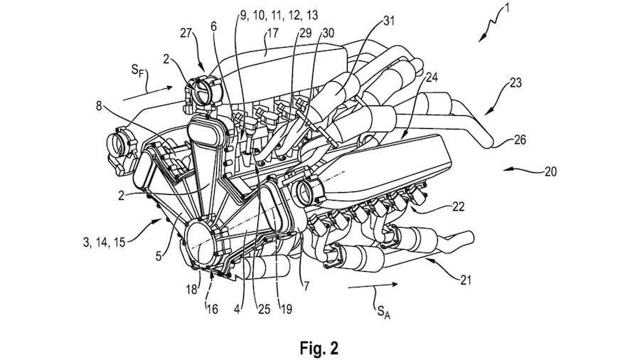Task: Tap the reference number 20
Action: [x=551, y=171]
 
